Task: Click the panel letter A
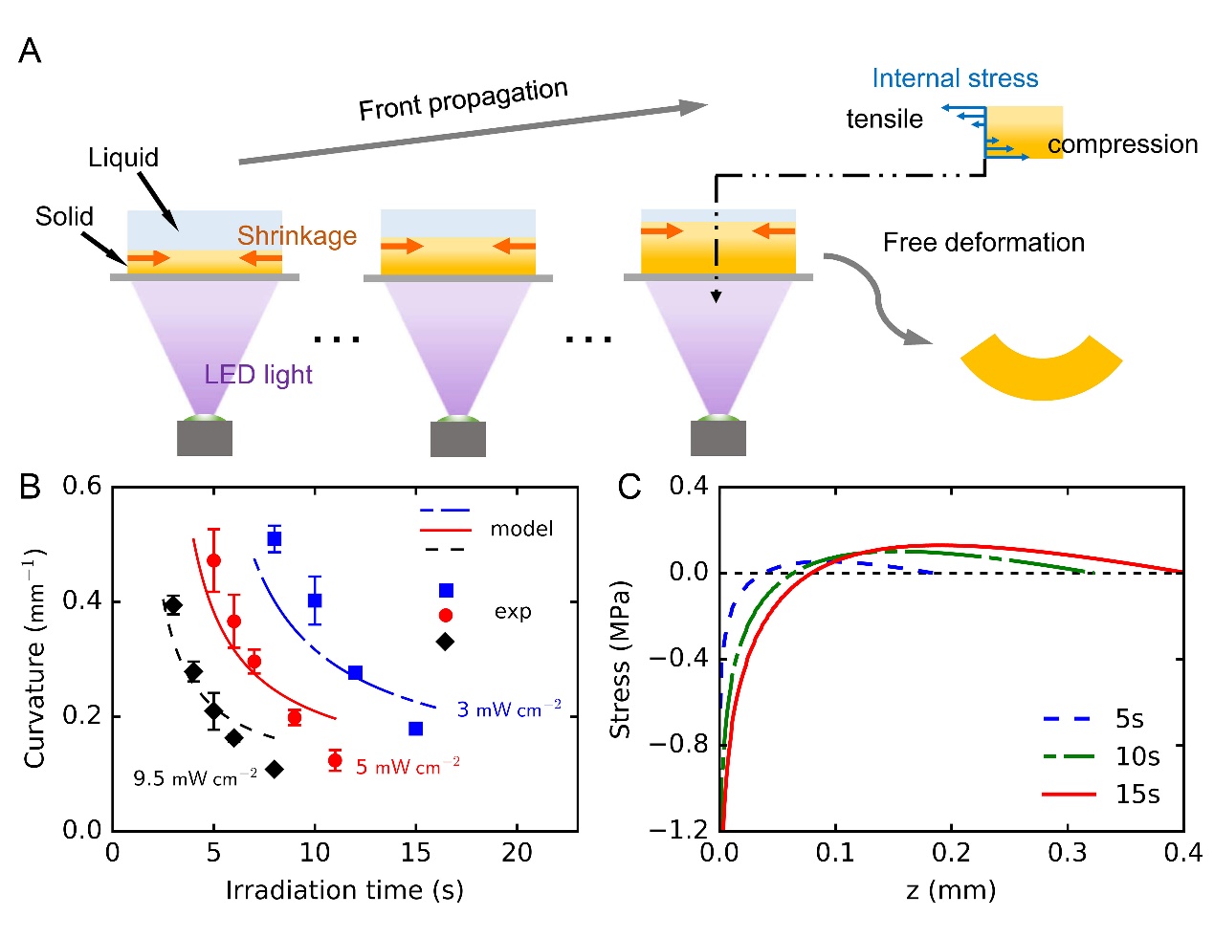pyautogui.click(x=30, y=51)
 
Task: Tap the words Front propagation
pyautogui.click(x=463, y=99)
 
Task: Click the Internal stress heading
pyautogui.click(x=954, y=78)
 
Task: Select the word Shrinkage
pyautogui.click(x=297, y=235)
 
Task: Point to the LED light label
pyautogui.click(x=258, y=374)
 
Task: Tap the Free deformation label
pyautogui.click(x=983, y=243)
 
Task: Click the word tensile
pyautogui.click(x=884, y=120)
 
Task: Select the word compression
pyautogui.click(x=1122, y=144)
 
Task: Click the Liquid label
pyautogui.click(x=123, y=158)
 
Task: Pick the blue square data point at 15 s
pyautogui.click(x=415, y=729)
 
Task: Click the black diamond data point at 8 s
pyautogui.click(x=275, y=769)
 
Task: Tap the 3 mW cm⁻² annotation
pyautogui.click(x=508, y=709)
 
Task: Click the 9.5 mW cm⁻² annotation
pyautogui.click(x=195, y=778)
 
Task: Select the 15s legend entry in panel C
pyautogui.click(x=1137, y=794)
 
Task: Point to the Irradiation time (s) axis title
pyautogui.click(x=344, y=890)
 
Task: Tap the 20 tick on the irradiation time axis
pyautogui.click(x=517, y=852)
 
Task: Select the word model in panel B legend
pyautogui.click(x=521, y=529)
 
